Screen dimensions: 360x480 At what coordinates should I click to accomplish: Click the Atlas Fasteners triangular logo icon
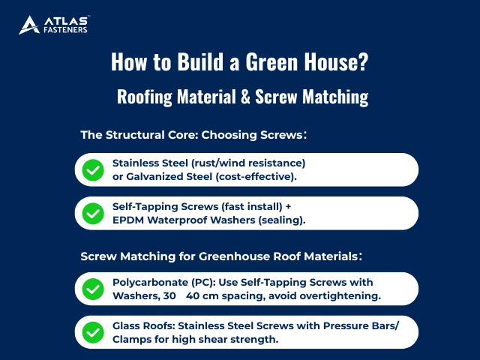[28, 25]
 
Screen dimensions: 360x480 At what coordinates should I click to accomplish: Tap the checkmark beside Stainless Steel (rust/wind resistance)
[93, 169]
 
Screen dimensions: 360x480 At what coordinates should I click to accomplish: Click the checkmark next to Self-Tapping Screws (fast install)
[93, 213]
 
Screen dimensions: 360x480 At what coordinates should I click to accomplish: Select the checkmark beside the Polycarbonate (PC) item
[93, 289]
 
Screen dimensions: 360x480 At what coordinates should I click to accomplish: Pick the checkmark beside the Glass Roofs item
[93, 332]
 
